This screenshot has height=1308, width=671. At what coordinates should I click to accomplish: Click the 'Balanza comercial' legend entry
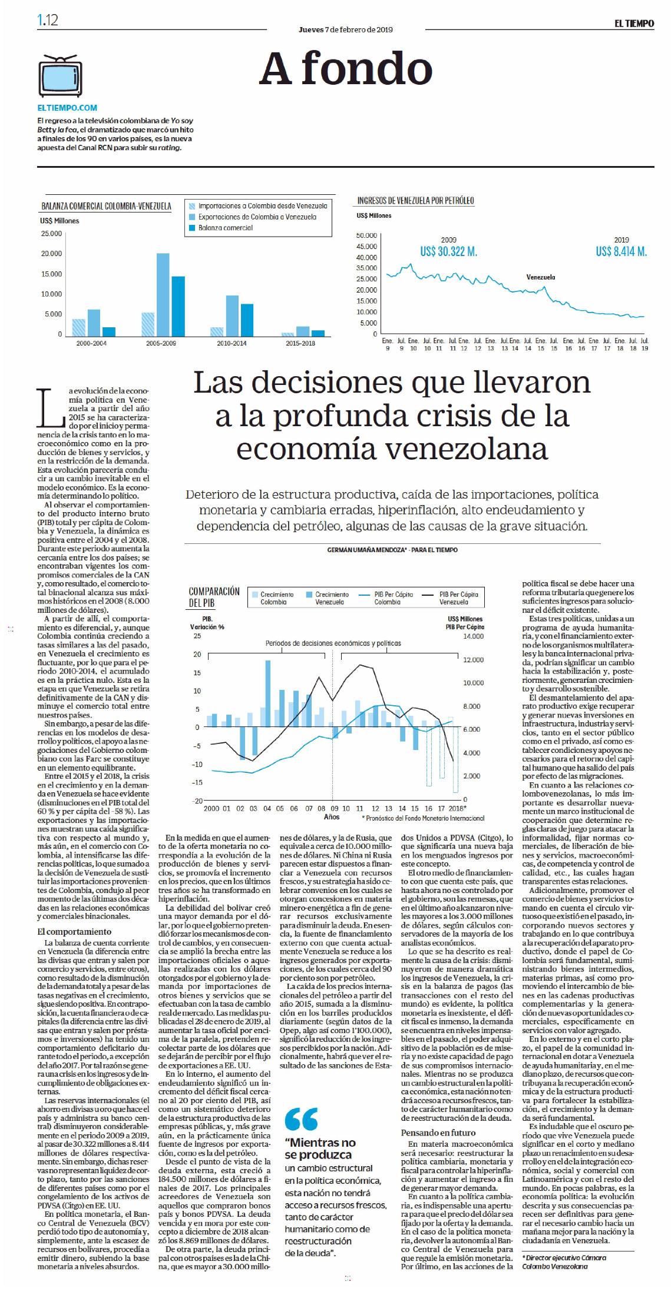click(225, 228)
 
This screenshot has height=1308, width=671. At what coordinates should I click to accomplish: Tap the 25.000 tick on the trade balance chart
click(51, 234)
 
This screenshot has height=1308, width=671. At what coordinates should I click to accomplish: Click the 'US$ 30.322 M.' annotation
click(448, 251)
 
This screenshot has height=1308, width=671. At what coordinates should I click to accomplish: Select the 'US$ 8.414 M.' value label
click(621, 251)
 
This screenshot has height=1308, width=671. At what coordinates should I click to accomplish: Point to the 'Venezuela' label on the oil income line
click(540, 277)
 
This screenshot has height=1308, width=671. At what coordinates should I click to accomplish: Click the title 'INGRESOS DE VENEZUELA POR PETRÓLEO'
click(415, 201)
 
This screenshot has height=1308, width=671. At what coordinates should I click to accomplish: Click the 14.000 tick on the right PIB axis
click(474, 636)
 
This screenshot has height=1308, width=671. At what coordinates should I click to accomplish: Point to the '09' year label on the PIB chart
click(333, 808)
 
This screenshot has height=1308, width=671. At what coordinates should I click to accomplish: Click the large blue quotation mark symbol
click(301, 1118)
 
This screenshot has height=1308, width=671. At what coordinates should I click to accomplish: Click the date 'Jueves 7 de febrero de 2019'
click(346, 29)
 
